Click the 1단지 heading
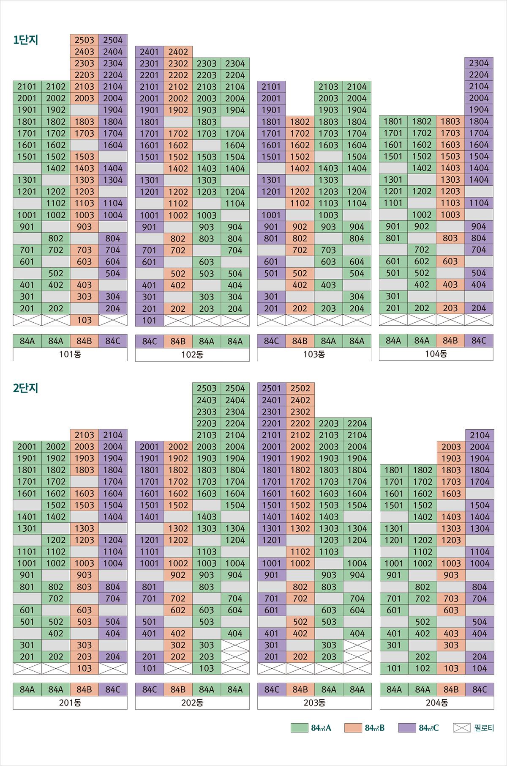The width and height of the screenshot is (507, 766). pyautogui.click(x=26, y=40)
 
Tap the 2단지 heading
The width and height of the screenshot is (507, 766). pyautogui.click(x=26, y=388)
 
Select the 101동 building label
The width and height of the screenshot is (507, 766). pyautogui.click(x=70, y=354)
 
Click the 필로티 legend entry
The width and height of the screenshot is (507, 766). pyautogui.click(x=474, y=728)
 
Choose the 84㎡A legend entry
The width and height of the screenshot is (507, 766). pyautogui.click(x=311, y=728)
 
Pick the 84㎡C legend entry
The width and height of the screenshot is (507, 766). pyautogui.click(x=419, y=728)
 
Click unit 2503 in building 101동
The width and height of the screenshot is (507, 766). pyautogui.click(x=84, y=40)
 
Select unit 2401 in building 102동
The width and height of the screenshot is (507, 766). pyautogui.click(x=149, y=52)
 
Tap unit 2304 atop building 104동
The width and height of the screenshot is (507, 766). pyautogui.click(x=479, y=63)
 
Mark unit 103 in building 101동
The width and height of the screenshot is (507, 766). pyautogui.click(x=84, y=320)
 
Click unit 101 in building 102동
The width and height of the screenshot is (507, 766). pyautogui.click(x=149, y=321)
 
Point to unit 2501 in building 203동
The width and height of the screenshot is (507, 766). pyautogui.click(x=271, y=388)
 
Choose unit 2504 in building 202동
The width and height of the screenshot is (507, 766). pyautogui.click(x=235, y=388)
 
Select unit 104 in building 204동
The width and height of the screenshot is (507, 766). pyautogui.click(x=480, y=668)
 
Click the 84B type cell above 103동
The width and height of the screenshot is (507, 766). pyautogui.click(x=300, y=341)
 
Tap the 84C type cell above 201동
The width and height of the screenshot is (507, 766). pyautogui.click(x=113, y=689)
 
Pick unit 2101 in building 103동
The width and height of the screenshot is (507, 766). pyautogui.click(x=271, y=87)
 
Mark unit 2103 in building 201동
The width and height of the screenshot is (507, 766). pyautogui.click(x=84, y=435)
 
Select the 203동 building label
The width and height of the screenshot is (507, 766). pyautogui.click(x=314, y=703)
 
